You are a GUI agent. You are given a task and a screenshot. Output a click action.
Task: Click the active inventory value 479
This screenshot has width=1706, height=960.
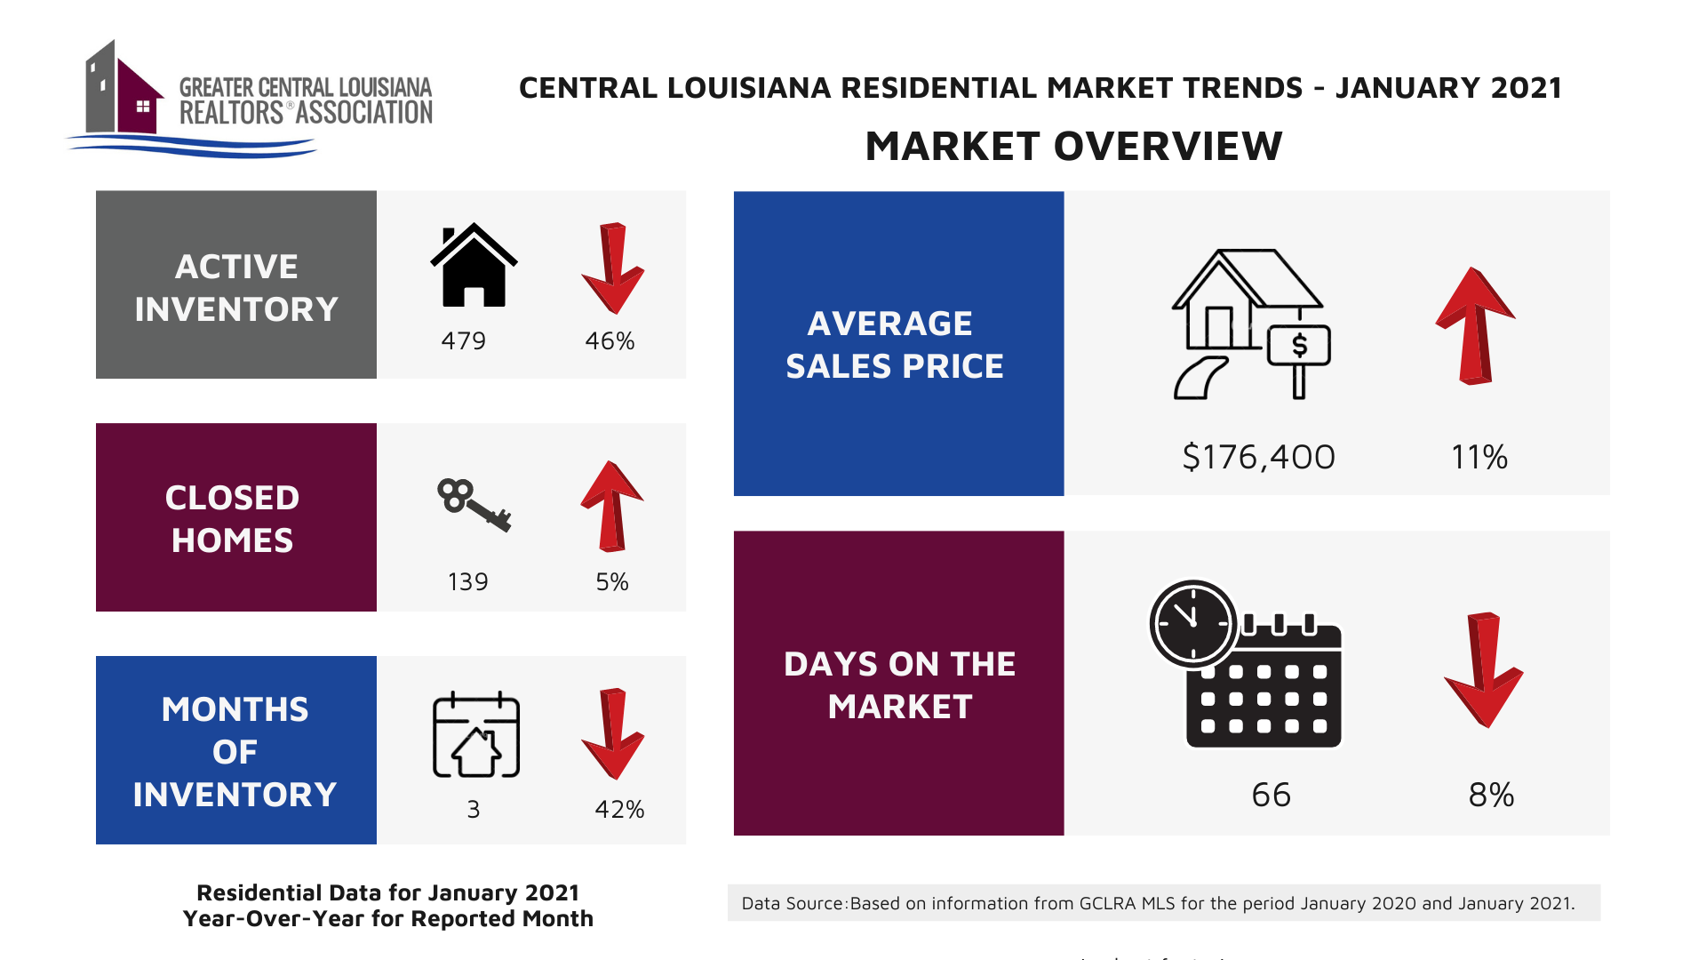click(463, 341)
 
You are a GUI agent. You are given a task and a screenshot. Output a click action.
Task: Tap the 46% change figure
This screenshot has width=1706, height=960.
click(610, 341)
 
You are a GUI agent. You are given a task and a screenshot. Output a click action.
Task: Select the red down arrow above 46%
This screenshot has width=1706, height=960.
click(612, 268)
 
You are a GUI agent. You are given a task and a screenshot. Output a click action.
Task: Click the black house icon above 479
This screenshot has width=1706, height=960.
click(474, 265)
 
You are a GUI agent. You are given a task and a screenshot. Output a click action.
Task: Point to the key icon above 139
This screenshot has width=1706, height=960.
click(474, 504)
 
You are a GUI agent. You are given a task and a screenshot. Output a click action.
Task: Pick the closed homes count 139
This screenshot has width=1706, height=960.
click(467, 582)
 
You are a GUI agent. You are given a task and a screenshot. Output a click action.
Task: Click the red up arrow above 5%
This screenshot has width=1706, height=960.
click(612, 506)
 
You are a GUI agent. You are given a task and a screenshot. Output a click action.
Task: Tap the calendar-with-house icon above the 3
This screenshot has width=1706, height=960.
click(476, 735)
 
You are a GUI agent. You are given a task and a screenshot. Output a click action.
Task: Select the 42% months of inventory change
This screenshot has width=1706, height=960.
click(619, 810)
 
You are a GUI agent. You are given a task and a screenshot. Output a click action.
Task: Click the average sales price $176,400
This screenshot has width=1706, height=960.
click(1258, 457)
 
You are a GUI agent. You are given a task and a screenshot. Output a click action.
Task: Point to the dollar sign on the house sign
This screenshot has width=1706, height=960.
click(1299, 345)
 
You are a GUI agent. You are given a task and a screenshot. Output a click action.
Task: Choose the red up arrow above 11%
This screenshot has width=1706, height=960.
click(1475, 325)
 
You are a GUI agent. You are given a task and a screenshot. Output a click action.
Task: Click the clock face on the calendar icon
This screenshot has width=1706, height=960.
click(1192, 623)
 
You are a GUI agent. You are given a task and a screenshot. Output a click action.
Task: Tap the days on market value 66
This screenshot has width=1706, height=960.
click(1271, 795)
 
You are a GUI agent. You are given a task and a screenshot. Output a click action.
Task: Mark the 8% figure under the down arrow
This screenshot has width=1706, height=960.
click(1491, 795)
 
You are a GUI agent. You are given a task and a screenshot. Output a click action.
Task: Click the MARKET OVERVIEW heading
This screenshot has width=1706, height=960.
click(1073, 147)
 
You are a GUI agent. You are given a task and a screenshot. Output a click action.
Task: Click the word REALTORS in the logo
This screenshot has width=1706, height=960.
click(231, 114)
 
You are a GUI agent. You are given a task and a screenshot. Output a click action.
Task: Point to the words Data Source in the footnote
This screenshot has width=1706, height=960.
click(792, 904)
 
